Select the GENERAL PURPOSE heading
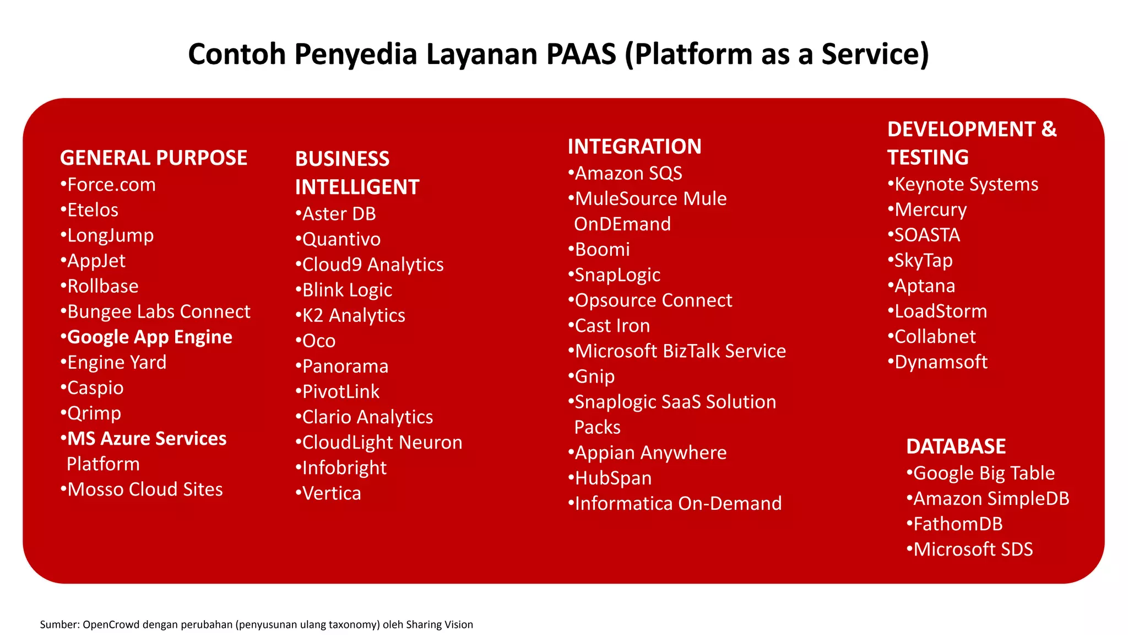tap(153, 158)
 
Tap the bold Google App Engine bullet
tap(149, 337)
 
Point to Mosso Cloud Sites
tap(144, 489)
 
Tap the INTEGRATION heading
tap(634, 147)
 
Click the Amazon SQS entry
tap(628, 174)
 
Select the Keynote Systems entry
tap(966, 184)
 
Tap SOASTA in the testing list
tap(926, 235)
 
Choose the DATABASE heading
tap(956, 446)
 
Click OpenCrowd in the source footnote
tap(111, 625)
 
